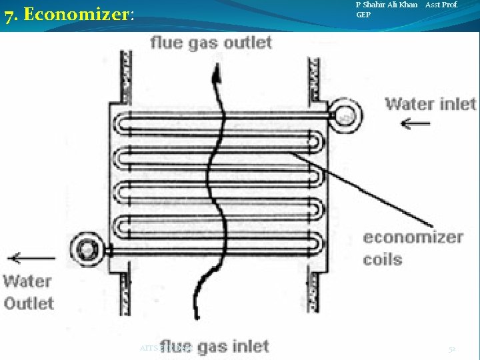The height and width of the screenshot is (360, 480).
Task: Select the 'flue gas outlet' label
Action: pyautogui.click(x=211, y=43)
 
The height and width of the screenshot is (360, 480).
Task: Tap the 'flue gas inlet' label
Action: pyautogui.click(x=215, y=347)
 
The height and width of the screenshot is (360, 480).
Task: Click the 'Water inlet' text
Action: pyautogui.click(x=430, y=103)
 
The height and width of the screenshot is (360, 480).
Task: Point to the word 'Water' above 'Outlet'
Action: pyautogui.click(x=27, y=280)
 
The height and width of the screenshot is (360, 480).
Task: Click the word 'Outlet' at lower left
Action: pyautogui.click(x=29, y=303)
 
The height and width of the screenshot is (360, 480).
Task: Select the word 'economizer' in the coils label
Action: pyautogui.click(x=413, y=237)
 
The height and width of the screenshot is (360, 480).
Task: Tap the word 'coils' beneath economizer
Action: pyautogui.click(x=383, y=259)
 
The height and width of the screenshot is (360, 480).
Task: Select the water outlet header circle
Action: pyautogui.click(x=85, y=249)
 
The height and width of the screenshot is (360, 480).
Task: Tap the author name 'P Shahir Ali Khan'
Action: pyautogui.click(x=387, y=5)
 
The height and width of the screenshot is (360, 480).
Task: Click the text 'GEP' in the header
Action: pyautogui.click(x=363, y=15)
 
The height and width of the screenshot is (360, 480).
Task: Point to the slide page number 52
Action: pyautogui.click(x=451, y=349)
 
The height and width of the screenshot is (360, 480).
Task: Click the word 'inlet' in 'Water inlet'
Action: pyautogui.click(x=457, y=103)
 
